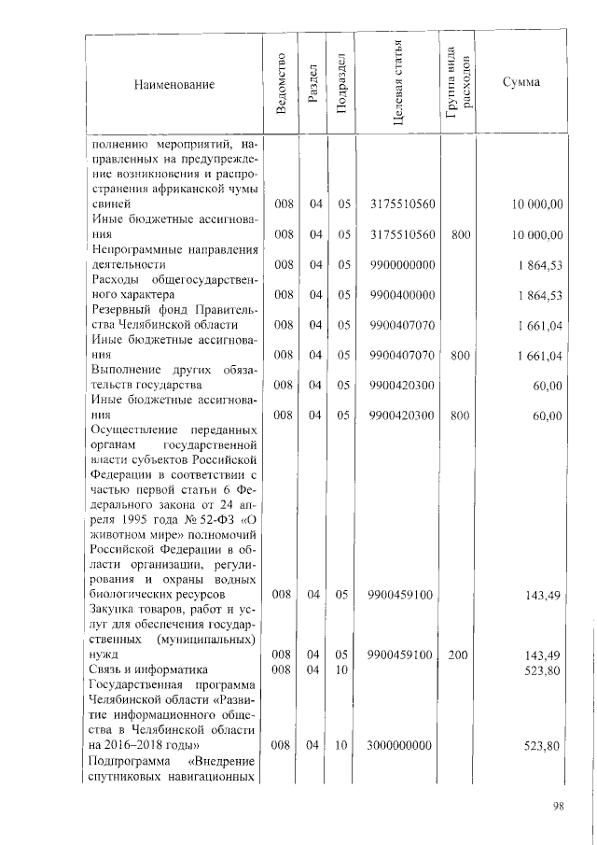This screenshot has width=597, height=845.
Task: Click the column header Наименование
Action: point(174,85)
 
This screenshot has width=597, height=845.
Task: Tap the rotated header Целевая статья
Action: point(397,85)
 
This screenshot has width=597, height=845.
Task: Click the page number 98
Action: point(559,806)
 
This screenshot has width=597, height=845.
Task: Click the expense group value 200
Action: point(458,655)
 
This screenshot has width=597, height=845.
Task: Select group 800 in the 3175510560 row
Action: point(458,233)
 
